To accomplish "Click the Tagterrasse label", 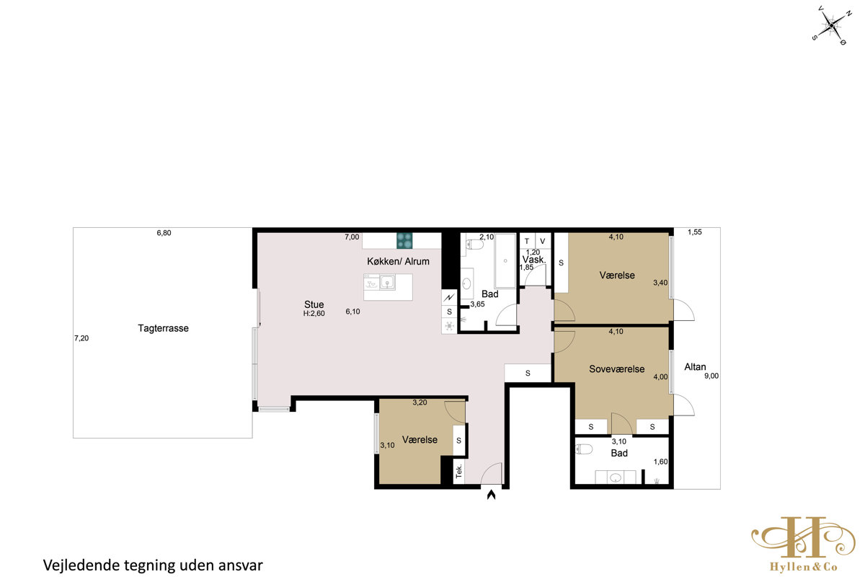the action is (x=164, y=328).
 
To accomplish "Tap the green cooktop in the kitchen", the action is (x=404, y=240).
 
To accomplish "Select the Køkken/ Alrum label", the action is (x=398, y=261).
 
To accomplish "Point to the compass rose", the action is (x=831, y=25).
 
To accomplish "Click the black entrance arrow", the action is (x=491, y=495).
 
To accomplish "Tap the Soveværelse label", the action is (x=617, y=369).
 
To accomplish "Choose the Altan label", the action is (x=695, y=367).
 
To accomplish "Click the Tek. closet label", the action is (x=458, y=471).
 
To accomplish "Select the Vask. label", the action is (x=534, y=260).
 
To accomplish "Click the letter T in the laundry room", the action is (x=527, y=241).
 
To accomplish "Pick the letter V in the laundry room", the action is (x=543, y=241).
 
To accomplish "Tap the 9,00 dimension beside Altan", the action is (x=711, y=376).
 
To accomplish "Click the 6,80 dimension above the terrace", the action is (x=164, y=233).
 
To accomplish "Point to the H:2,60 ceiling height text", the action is (x=314, y=314).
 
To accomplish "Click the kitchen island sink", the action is (x=387, y=282).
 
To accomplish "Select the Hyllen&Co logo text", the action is (x=804, y=567).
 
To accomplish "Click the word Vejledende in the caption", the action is (x=81, y=565).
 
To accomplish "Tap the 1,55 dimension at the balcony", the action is (x=695, y=232).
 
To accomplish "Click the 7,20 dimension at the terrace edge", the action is (x=81, y=338).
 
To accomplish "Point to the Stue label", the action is (x=314, y=304).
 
